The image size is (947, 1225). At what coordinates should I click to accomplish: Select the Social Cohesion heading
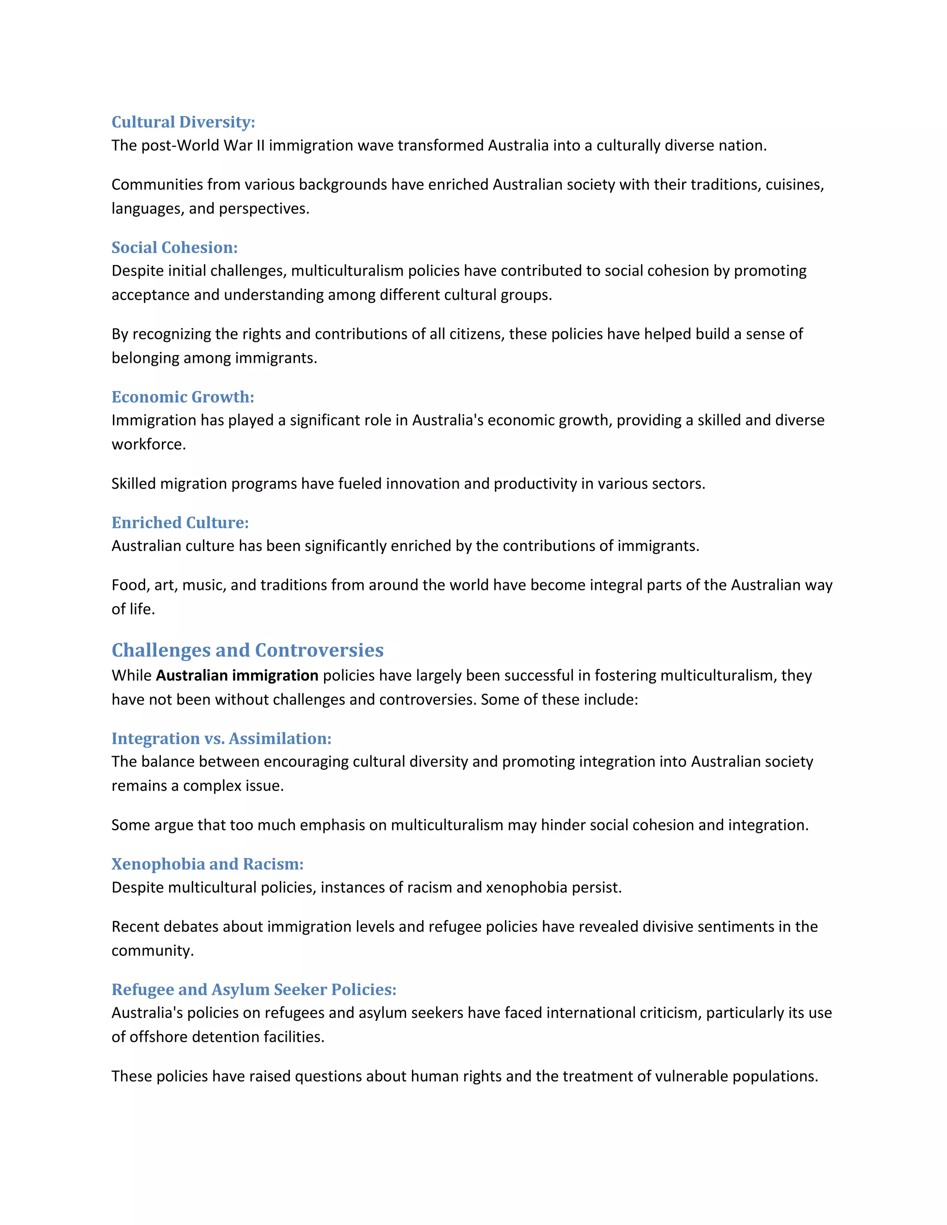174,247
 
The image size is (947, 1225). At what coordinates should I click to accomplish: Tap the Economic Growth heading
183,397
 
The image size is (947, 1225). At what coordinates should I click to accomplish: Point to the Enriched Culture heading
180,522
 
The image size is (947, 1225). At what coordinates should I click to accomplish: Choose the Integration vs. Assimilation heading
221,738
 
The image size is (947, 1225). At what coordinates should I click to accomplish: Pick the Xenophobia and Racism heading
208,864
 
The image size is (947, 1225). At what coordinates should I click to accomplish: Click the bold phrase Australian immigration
237,675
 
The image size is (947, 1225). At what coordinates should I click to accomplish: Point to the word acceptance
150,295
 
